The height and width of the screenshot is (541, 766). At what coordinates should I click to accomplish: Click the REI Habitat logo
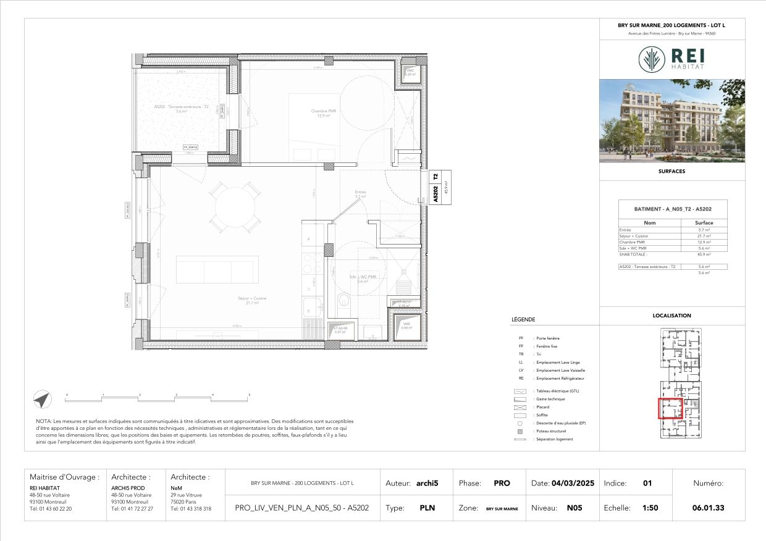[672, 59]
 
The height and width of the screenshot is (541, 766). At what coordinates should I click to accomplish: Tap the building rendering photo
[672, 120]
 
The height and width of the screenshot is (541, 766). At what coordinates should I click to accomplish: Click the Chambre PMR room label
[321, 113]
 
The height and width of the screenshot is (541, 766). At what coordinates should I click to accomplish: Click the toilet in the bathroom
[345, 301]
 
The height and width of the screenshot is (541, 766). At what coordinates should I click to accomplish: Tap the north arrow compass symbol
[42, 400]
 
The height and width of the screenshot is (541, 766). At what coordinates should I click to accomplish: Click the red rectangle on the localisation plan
[670, 409]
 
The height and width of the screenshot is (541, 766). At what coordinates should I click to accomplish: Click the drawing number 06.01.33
[709, 508]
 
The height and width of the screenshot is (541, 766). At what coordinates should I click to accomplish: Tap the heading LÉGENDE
[523, 320]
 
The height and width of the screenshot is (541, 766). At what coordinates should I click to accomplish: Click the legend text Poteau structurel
[550, 431]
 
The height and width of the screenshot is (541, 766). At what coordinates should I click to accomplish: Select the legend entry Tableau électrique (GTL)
[558, 392]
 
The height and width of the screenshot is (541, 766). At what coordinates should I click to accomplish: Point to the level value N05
[574, 508]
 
